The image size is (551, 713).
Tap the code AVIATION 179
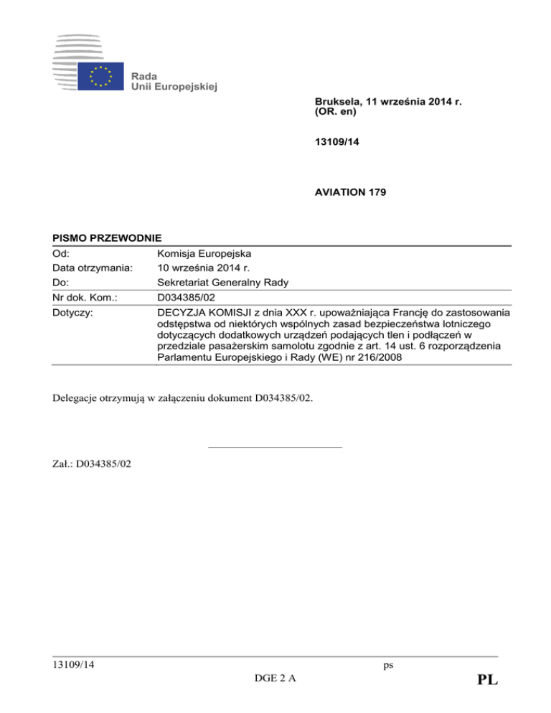[349, 193]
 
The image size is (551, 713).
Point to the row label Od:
[61, 252]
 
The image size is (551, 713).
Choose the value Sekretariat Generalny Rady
[222, 283]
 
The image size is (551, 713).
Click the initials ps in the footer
[388, 665]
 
